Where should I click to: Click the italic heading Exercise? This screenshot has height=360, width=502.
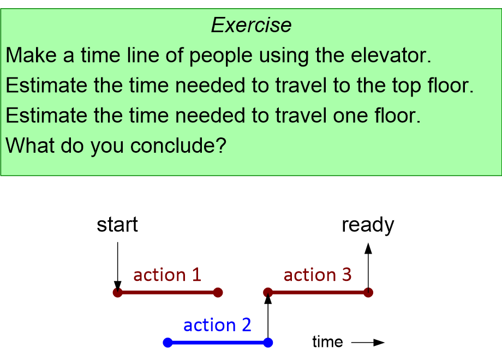(x=251, y=25)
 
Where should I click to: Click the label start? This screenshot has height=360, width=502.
(x=117, y=225)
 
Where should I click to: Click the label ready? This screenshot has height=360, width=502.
(x=368, y=225)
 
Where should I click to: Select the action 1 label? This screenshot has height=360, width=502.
(x=167, y=274)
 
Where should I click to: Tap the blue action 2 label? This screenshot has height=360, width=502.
(x=217, y=325)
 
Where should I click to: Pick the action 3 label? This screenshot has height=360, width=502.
(x=318, y=274)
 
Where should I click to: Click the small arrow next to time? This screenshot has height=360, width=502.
(x=368, y=343)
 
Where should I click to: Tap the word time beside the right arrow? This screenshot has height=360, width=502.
(x=327, y=342)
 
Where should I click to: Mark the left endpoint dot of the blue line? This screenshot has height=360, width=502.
(x=168, y=343)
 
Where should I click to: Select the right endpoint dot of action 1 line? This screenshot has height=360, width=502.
(x=218, y=292)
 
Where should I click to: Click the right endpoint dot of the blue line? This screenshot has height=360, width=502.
(x=268, y=343)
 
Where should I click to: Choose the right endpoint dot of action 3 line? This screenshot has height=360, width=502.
(x=368, y=292)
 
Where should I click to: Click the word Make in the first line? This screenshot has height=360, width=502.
(x=27, y=56)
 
